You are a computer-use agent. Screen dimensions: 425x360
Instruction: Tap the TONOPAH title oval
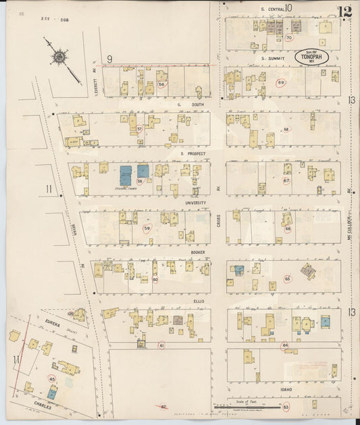311,58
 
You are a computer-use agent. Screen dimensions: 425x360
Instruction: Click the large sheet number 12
344,11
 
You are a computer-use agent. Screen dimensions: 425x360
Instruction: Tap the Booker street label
197,252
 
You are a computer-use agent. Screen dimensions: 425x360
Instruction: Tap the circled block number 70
288,38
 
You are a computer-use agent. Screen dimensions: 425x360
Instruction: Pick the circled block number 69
281,82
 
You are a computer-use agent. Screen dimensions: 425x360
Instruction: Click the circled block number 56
161,84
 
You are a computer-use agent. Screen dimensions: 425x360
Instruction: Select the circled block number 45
51,379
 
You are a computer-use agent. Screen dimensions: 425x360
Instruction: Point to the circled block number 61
161,345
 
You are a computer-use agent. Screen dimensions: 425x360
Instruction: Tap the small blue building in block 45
51,393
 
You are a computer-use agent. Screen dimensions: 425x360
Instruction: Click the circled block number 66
288,229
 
